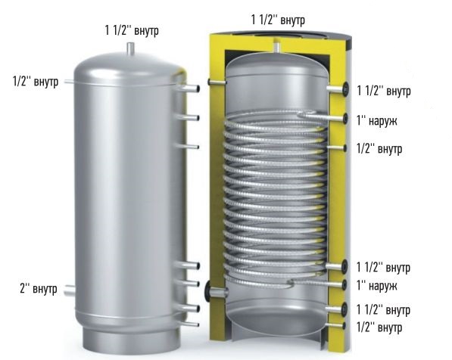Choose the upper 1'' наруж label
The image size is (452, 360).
click(x=377, y=119)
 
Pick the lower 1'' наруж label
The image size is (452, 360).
click(x=377, y=285)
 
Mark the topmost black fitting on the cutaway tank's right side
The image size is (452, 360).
click(x=344, y=89)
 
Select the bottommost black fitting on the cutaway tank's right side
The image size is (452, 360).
click(x=344, y=326)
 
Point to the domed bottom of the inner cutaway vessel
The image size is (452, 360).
click(x=276, y=318)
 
